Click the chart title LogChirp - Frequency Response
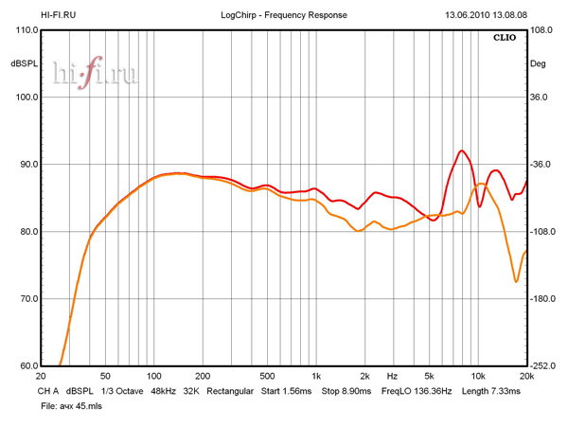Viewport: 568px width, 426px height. pyautogui.click(x=284, y=15)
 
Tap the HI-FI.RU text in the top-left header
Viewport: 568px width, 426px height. pyautogui.click(x=60, y=15)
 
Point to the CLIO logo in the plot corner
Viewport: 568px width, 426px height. pyautogui.click(x=506, y=39)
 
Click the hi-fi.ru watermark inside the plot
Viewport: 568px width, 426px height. pyautogui.click(x=95, y=74)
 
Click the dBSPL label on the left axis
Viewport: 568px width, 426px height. pyautogui.click(x=22, y=63)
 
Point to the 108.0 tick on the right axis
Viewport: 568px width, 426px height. pyautogui.click(x=541, y=30)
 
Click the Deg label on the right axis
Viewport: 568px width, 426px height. pyautogui.click(x=538, y=63)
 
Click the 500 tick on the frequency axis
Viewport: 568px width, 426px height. pyautogui.click(x=267, y=376)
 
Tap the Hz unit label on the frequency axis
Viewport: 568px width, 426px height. pyautogui.click(x=391, y=376)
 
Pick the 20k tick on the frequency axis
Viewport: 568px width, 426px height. pyautogui.click(x=526, y=376)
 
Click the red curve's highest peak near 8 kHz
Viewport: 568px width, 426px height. pyautogui.click(x=461, y=151)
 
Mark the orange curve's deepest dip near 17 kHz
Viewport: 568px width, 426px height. pyautogui.click(x=516, y=281)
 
